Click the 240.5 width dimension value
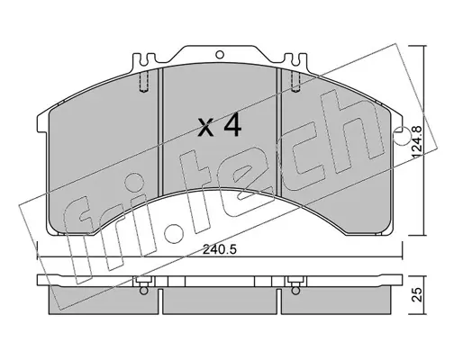tap(220, 249)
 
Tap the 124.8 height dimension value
tap(416, 142)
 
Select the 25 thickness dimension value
tap(416, 294)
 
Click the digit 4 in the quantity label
tap(232, 126)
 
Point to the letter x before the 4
tap(206, 129)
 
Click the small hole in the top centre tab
tap(220, 55)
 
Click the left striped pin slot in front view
tap(144, 82)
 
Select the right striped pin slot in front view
tap(295, 82)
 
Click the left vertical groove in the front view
tap(160, 131)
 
